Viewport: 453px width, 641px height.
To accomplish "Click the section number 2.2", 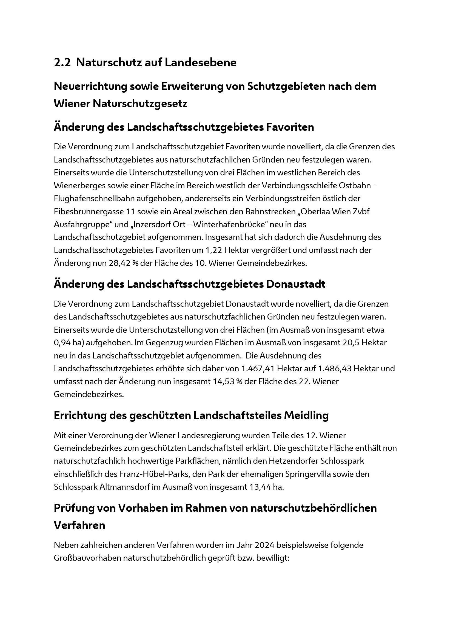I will tap(62, 62).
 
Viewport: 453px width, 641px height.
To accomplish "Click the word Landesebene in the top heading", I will tap(200, 62).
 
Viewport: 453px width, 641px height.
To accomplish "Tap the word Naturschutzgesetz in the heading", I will tap(140, 104).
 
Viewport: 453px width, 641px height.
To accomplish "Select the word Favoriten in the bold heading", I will tap(290, 127).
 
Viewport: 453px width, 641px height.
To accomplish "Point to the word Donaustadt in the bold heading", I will tap(296, 284).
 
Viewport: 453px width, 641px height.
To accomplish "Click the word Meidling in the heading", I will tap(306, 415).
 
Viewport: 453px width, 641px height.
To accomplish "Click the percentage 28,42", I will tap(119, 263).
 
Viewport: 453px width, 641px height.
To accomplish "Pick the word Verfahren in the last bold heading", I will tap(79, 525).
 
